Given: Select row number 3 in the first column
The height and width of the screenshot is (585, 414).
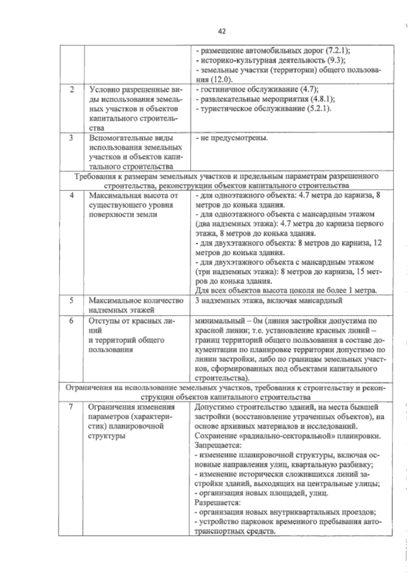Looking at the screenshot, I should click(x=71, y=138).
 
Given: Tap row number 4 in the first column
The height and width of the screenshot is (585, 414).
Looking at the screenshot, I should click(x=72, y=195).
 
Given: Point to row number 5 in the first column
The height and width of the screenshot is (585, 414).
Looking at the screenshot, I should click(x=71, y=301).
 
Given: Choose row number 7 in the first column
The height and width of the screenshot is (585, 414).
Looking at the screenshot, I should click(x=71, y=407).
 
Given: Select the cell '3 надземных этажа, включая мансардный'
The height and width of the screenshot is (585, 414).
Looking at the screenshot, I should click(x=268, y=301).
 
